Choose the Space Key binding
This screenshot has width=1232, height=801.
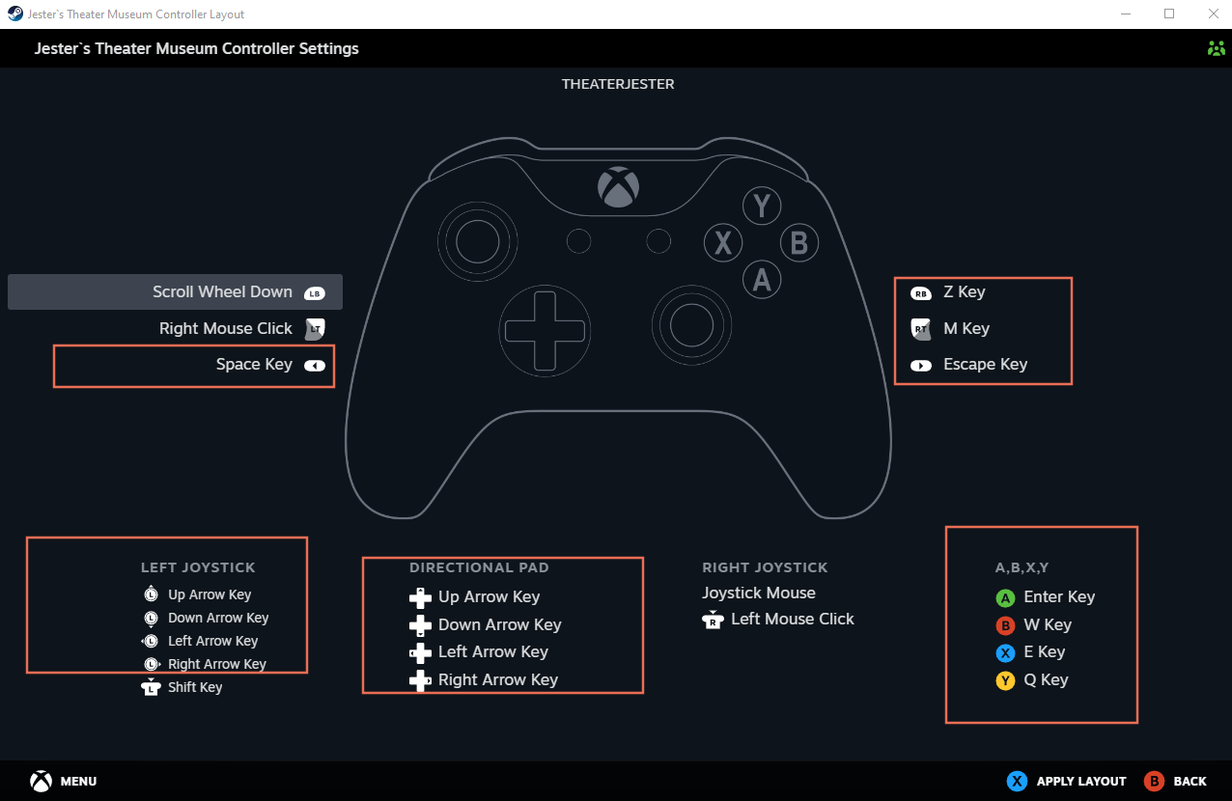(x=254, y=365)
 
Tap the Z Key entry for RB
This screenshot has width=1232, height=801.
(x=964, y=292)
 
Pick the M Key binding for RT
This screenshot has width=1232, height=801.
(x=966, y=329)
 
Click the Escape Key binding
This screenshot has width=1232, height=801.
(x=985, y=365)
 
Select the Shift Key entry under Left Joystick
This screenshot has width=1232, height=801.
(x=195, y=688)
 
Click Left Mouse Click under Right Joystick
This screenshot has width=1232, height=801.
(x=792, y=620)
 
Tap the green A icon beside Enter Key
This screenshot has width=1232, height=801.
(x=1005, y=598)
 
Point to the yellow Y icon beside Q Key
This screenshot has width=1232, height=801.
(x=1005, y=681)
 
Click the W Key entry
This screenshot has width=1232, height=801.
(x=1048, y=625)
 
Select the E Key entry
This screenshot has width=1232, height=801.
(x=1044, y=652)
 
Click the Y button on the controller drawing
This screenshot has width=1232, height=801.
(x=762, y=206)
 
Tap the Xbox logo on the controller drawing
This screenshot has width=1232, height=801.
(x=618, y=187)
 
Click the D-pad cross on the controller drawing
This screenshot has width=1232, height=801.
(x=544, y=330)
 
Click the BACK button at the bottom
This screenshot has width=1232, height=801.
(x=1190, y=782)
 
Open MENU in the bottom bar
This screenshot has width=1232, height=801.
(x=77, y=782)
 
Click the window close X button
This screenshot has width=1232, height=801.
(x=1213, y=14)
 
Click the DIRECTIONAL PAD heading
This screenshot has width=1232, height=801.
(x=479, y=568)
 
